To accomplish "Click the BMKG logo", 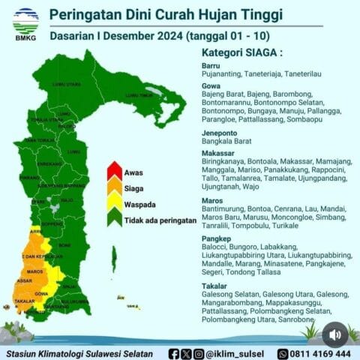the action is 26,22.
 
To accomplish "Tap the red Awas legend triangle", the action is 114,171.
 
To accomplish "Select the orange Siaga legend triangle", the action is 114,187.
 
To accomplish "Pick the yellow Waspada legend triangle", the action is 114,203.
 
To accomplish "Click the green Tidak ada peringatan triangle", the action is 114,219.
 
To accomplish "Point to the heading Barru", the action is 212,66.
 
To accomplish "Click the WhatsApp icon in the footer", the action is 283,353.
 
